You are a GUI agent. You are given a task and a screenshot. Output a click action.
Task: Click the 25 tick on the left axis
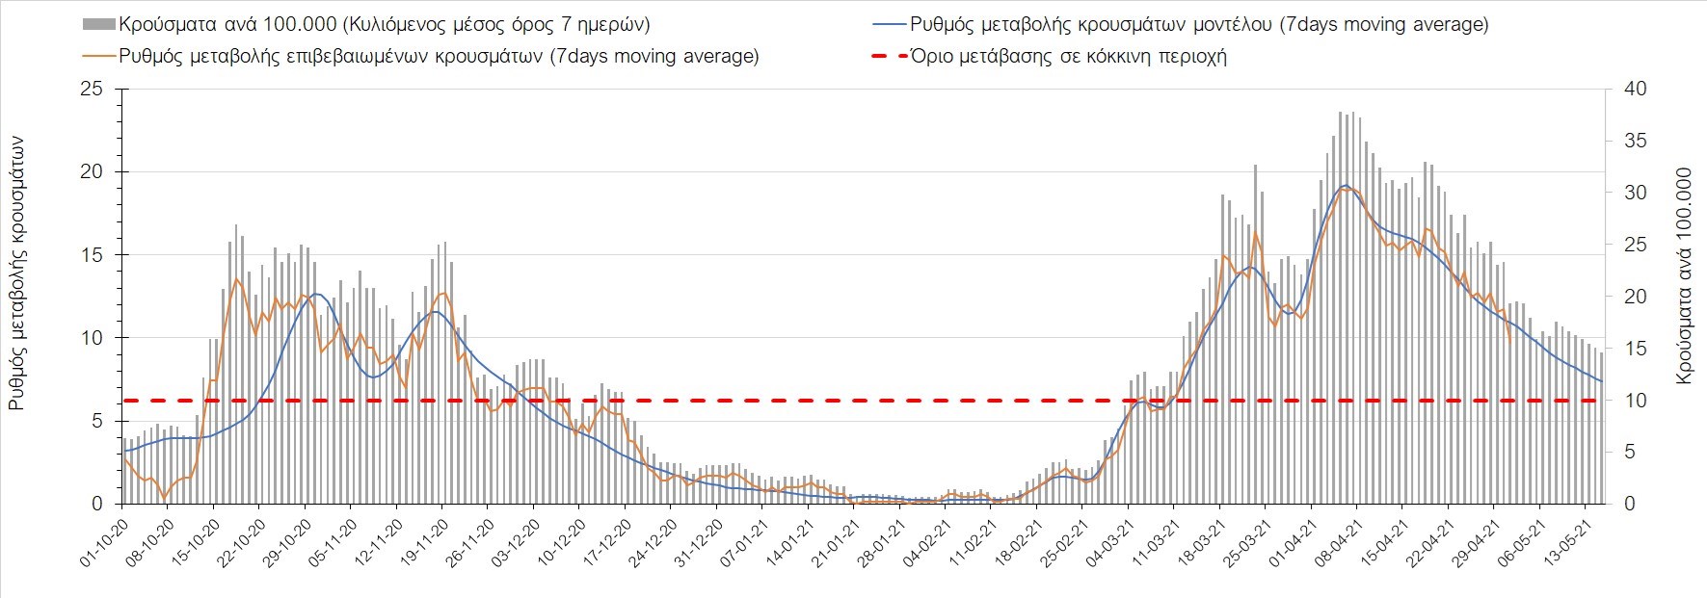(x=93, y=90)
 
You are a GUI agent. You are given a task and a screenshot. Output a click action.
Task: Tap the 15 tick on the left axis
(x=93, y=255)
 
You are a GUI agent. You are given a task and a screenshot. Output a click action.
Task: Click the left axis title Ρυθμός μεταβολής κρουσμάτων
(x=17, y=273)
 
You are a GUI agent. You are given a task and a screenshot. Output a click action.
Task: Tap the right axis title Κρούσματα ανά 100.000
(x=1684, y=277)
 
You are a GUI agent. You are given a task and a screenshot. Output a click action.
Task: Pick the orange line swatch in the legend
(x=99, y=56)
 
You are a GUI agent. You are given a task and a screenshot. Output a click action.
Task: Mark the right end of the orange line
(x=1509, y=339)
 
